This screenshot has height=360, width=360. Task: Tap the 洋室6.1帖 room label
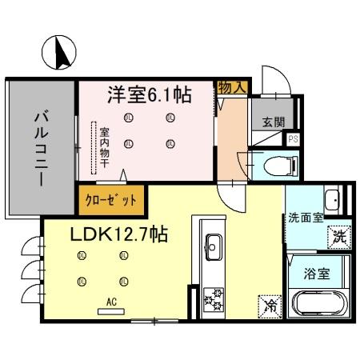click(150, 95)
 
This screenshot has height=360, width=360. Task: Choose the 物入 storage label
click(232, 87)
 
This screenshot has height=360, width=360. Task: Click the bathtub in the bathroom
click(319, 305)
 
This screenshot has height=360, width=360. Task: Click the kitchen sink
click(214, 243)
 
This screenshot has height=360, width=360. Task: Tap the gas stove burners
click(214, 300)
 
